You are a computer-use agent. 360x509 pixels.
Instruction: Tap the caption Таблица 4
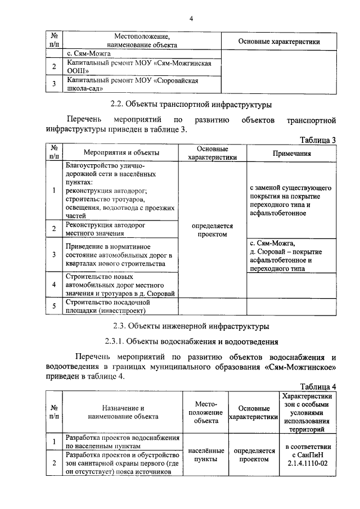318,386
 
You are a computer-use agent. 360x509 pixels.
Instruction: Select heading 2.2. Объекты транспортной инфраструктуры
191,104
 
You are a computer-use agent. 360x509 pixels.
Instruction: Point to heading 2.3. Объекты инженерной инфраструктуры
191,326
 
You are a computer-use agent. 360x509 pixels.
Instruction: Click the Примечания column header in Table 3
292,153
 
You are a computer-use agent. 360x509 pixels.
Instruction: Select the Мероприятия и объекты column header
121,153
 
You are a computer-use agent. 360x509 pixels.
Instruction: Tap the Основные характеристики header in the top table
279,41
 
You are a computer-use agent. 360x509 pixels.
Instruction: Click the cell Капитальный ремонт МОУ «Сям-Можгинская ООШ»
138,67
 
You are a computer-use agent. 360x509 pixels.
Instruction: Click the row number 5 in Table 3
54,306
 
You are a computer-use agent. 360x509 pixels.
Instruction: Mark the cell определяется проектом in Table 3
212,229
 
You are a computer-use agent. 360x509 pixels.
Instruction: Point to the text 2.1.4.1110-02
306,462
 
